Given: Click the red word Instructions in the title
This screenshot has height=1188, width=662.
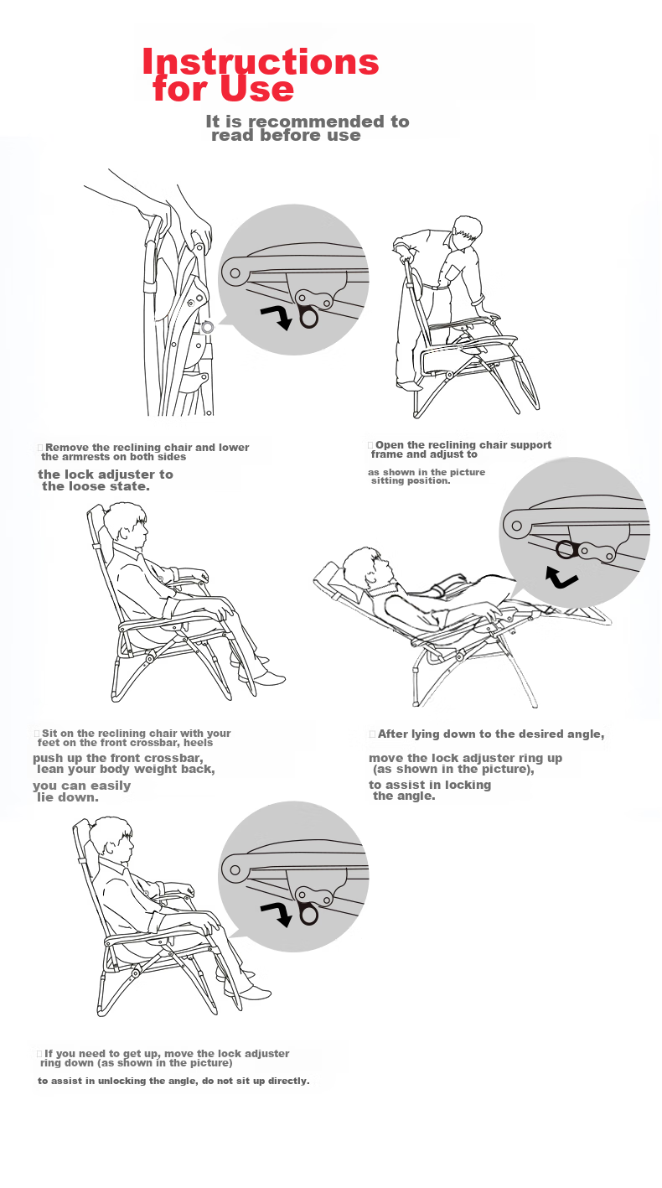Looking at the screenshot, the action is coord(261,61).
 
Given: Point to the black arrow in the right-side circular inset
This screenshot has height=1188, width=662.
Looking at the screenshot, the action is coord(561,577).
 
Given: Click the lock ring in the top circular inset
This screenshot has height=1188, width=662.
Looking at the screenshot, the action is coord(308,318).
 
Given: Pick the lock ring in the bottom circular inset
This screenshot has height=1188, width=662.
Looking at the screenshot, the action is coord(308,915).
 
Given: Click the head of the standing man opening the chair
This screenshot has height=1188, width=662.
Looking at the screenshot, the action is coord(468,231).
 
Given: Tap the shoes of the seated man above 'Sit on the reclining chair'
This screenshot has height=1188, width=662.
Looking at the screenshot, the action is coord(261,671).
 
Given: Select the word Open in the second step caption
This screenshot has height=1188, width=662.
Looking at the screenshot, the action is coord(389,445).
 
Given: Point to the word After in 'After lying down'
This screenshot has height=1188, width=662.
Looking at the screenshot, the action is coord(393,734).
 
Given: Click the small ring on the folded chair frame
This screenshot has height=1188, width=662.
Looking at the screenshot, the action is coord(207,327).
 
